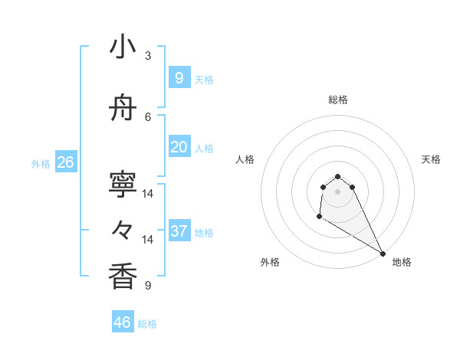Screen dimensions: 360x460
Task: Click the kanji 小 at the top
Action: click(122, 47)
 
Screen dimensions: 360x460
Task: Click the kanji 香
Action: click(122, 276)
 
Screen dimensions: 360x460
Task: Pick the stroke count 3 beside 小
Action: click(148, 55)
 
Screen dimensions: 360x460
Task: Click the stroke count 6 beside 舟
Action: click(148, 116)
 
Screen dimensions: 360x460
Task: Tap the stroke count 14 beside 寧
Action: click(148, 194)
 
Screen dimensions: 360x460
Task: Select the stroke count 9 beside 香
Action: click(148, 286)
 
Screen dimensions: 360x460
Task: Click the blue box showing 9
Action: click(179, 77)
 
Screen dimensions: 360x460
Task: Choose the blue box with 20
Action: click(179, 147)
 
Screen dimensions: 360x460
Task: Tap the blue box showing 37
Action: click(179, 231)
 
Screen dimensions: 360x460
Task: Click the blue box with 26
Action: click(65, 162)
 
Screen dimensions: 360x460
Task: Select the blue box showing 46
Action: click(122, 322)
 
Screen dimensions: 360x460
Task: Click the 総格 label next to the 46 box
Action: click(147, 324)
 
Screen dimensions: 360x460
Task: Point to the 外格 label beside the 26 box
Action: click(41, 164)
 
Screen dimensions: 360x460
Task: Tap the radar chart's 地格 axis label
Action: click(402, 262)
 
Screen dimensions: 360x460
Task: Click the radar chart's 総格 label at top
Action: click(337, 100)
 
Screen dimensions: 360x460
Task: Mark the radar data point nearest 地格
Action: click(383, 254)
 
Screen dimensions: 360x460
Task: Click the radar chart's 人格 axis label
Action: click(245, 159)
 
